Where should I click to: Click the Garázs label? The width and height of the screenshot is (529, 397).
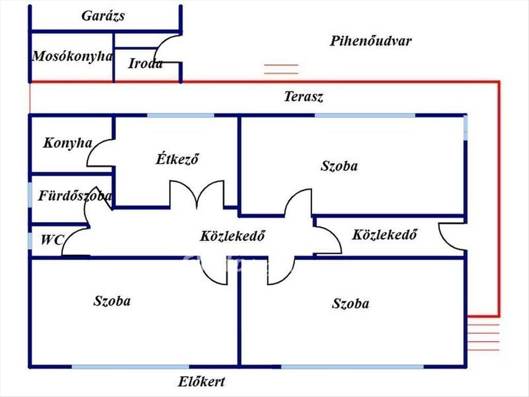click(x=103, y=16)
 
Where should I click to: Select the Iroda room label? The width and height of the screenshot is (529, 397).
click(x=145, y=64)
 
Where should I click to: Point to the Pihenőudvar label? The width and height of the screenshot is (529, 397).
click(x=370, y=41)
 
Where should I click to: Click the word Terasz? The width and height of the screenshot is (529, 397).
click(x=303, y=97)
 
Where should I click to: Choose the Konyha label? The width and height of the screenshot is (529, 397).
click(x=67, y=143)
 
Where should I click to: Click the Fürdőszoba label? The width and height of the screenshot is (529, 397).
click(x=74, y=196)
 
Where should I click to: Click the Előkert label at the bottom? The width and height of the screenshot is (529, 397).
click(x=201, y=381)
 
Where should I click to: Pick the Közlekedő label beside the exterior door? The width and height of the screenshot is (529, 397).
click(x=384, y=235)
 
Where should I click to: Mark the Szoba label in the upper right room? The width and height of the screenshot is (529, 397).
click(x=339, y=166)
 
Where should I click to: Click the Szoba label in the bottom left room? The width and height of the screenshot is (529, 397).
click(x=112, y=301)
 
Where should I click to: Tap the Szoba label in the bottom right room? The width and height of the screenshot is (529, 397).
click(x=350, y=304)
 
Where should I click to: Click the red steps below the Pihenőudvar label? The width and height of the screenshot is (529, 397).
click(x=281, y=69)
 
